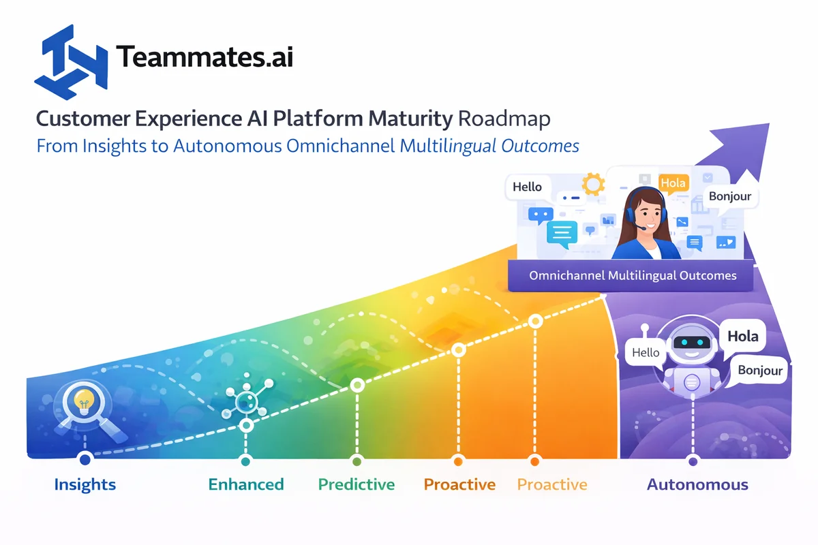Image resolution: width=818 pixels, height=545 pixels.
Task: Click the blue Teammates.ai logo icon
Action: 74,59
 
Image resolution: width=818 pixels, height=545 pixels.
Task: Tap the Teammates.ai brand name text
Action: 205,57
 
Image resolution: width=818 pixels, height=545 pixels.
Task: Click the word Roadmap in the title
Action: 504,119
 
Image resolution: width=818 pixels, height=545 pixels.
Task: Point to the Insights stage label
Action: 85,485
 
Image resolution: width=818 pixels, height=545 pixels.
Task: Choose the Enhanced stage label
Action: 246,485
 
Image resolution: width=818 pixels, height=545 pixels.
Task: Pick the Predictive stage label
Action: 357,485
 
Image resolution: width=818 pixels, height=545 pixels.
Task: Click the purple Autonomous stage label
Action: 697,485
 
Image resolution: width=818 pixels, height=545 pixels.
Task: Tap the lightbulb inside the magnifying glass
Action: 84,400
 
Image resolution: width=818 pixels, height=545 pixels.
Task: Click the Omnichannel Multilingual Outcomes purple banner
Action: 633,276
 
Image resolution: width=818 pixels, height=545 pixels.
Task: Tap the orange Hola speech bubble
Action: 674,183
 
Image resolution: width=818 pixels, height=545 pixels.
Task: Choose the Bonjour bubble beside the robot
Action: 760,371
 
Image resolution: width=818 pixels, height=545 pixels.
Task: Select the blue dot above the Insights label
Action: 85,459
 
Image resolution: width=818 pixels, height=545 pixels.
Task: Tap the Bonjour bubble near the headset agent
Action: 730,196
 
